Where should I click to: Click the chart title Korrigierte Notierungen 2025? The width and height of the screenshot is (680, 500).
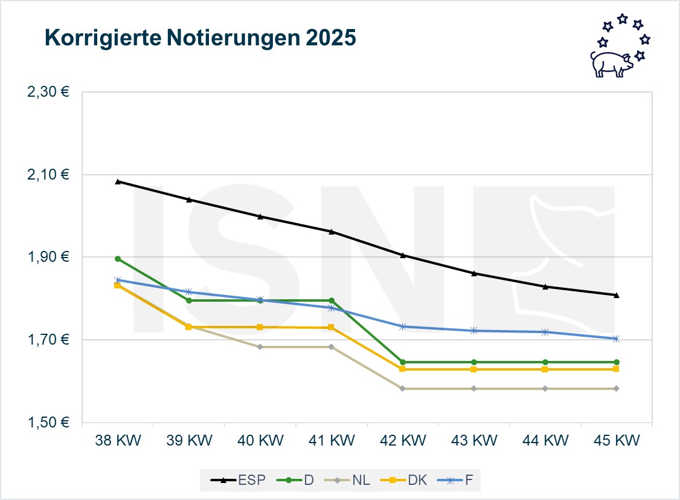coord(200,38)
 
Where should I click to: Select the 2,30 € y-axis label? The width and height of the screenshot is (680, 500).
coord(47,93)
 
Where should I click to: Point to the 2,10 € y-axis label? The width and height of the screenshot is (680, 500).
coord(47,175)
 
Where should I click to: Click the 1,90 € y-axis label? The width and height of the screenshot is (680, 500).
coord(47,258)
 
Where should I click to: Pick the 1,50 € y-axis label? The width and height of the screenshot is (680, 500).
coord(47,423)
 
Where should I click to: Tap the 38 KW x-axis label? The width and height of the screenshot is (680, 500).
coord(118,441)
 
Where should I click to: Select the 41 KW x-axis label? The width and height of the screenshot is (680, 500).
coord(332,441)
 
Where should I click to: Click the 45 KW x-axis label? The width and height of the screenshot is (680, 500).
coord(617,441)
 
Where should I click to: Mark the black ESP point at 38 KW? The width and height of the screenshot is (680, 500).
coord(118,181)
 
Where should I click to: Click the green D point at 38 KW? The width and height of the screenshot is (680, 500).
coord(118,259)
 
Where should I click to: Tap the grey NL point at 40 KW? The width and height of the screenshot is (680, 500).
coord(260,347)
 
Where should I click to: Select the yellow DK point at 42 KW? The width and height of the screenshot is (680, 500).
coord(403,369)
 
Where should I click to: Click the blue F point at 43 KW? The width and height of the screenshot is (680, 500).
coord(474,330)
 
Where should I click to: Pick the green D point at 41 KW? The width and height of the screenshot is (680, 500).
coord(332,300)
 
